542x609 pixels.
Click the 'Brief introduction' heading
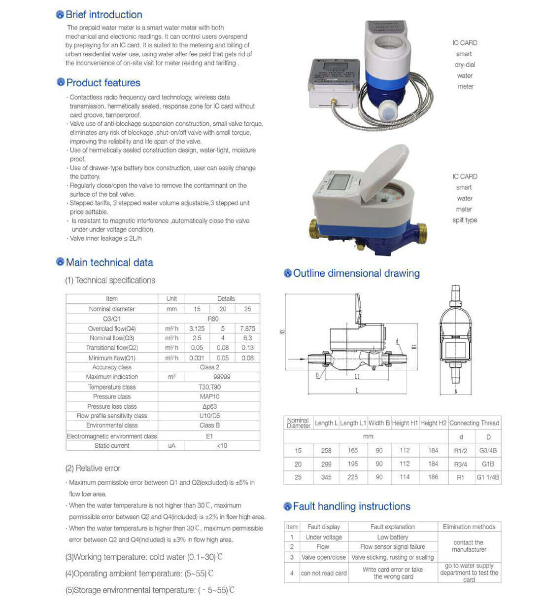point(103,15)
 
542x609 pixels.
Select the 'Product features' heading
point(103,83)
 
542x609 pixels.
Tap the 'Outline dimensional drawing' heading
point(356,273)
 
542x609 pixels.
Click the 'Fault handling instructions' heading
point(351,506)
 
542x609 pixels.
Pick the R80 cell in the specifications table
point(213,319)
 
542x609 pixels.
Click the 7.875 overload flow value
point(247,328)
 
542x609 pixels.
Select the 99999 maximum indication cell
point(222,377)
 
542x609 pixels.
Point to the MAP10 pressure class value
point(209,396)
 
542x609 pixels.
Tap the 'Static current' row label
point(112,445)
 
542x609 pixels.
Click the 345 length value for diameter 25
point(326,477)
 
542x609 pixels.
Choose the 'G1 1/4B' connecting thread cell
point(488,477)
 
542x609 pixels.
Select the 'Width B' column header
point(379,423)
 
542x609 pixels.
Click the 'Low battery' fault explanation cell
point(393,537)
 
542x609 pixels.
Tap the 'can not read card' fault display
point(324,573)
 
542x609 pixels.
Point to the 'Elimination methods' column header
point(469,527)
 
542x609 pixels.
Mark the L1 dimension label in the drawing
point(357,377)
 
